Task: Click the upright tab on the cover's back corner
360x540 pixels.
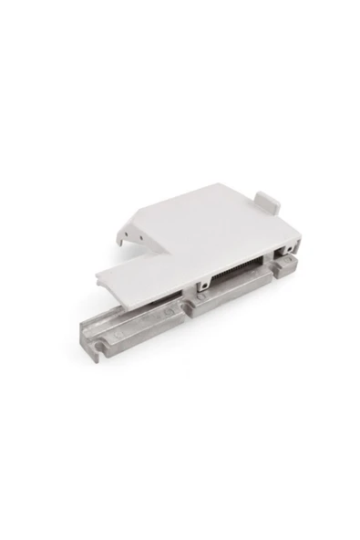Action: click(265, 199)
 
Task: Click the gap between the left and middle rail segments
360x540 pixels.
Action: click(186, 306)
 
